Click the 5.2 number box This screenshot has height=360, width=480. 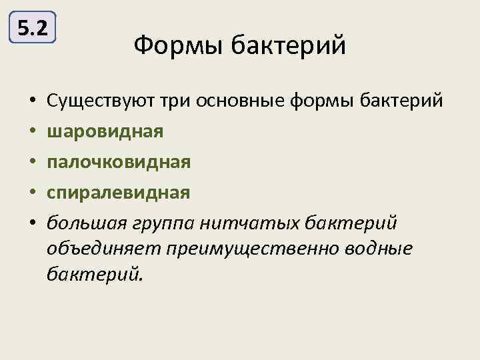[x=33, y=29]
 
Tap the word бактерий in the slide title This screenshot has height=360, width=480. [x=289, y=47]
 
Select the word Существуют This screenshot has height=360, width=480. [x=100, y=101]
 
